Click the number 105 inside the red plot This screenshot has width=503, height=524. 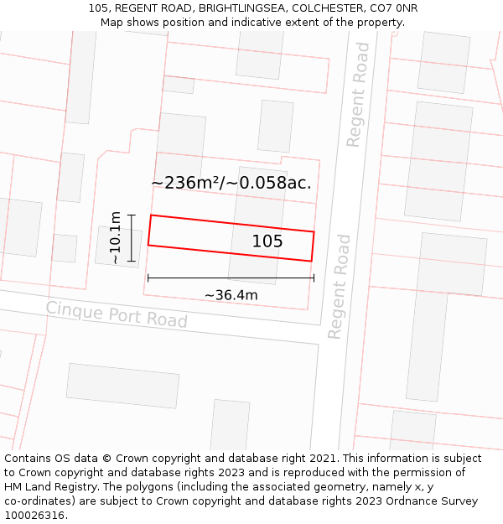(x=267, y=241)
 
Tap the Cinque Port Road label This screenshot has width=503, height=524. (x=117, y=314)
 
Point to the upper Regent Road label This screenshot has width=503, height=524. (x=358, y=106)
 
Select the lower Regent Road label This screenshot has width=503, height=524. (x=339, y=287)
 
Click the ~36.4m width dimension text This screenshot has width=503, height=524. (x=231, y=295)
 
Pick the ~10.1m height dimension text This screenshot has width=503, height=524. (x=115, y=238)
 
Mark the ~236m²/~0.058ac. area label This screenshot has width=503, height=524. (x=231, y=183)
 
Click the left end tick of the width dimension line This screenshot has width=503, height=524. (x=148, y=278)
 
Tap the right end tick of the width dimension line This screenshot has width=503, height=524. (x=314, y=278)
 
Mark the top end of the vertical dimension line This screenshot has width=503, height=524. (x=132, y=215)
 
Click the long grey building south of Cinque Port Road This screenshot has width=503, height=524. (x=122, y=386)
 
